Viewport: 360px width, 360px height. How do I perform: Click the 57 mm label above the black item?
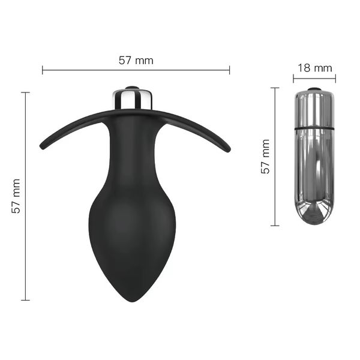point(136,61)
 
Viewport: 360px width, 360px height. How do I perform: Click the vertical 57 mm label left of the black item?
point(16,196)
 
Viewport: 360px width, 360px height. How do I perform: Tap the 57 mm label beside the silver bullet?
point(265,157)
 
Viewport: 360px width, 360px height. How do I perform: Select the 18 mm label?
point(315,68)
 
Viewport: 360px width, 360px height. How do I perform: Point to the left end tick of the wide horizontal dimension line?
point(43,70)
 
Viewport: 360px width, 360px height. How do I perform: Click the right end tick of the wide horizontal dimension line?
point(229,70)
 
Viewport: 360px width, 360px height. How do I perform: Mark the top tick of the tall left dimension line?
point(25,92)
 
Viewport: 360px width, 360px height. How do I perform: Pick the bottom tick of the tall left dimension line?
point(25,300)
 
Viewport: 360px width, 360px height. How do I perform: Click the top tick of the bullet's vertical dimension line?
point(275,88)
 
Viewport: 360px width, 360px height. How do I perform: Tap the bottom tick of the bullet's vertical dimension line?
point(275,226)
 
